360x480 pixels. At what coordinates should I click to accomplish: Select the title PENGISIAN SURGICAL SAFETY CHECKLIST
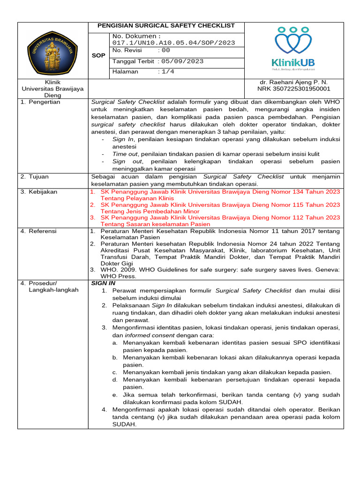pyautogui.click(x=166, y=26)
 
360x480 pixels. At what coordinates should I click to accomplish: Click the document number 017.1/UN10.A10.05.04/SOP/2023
pyautogui.click(x=173, y=43)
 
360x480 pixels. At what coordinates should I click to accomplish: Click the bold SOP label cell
pyautogui.click(x=98, y=55)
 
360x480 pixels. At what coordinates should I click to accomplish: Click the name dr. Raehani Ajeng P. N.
pyautogui.click(x=293, y=82)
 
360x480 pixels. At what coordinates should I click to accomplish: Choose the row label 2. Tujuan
pyautogui.click(x=35, y=177)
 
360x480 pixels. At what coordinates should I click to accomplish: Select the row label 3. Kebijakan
pyautogui.click(x=38, y=192)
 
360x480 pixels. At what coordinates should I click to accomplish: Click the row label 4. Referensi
pyautogui.click(x=38, y=231)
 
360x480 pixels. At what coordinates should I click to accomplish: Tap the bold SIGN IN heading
pyautogui.click(x=103, y=283)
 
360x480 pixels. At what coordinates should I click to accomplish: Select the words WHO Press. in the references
pyautogui.click(x=116, y=276)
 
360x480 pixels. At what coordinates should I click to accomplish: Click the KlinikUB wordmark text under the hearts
pyautogui.click(x=293, y=62)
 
